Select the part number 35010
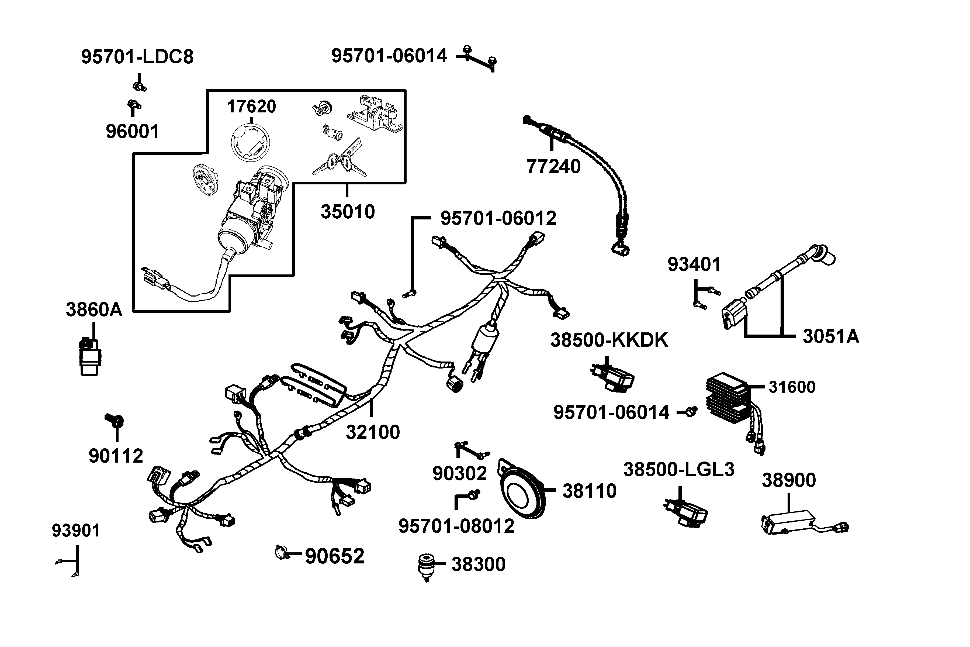point(348,212)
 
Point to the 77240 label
point(553,166)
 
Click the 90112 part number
point(116,456)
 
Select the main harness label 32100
point(373,432)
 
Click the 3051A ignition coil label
point(831,336)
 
